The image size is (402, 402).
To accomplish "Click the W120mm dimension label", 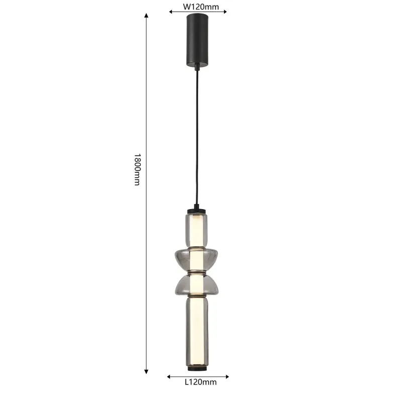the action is [x=200, y=7].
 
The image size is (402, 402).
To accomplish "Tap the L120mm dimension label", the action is [x=200, y=382].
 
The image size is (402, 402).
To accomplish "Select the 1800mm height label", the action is [x=137, y=169].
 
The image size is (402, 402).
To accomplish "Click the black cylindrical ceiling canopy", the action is [x=197, y=40].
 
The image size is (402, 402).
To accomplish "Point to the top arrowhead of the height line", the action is [x=146, y=15].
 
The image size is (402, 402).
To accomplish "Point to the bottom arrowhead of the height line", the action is [x=146, y=372].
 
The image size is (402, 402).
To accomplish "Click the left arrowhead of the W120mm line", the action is [x=171, y=12].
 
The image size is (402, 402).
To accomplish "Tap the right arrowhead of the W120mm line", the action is [x=225, y=12].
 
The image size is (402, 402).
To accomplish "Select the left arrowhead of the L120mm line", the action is [x=169, y=376].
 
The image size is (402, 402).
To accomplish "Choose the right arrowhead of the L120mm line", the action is [x=227, y=376].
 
